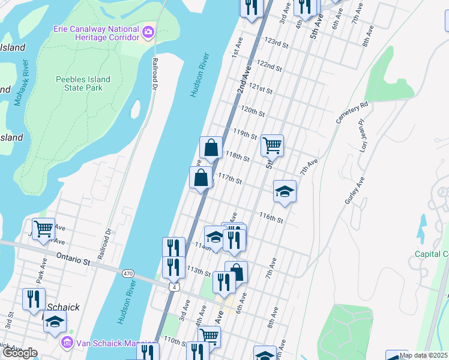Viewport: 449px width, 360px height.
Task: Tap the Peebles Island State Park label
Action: (83, 83)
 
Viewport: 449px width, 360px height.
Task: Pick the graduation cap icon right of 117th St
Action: (285, 191)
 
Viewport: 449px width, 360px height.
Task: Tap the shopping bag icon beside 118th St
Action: (211, 147)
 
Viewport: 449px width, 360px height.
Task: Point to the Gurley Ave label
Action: (354, 191)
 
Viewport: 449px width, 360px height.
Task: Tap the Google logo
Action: (19, 353)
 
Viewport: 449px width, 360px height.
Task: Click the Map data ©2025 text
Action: (423, 355)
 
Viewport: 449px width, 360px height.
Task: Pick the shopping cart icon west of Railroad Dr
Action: (43, 229)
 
